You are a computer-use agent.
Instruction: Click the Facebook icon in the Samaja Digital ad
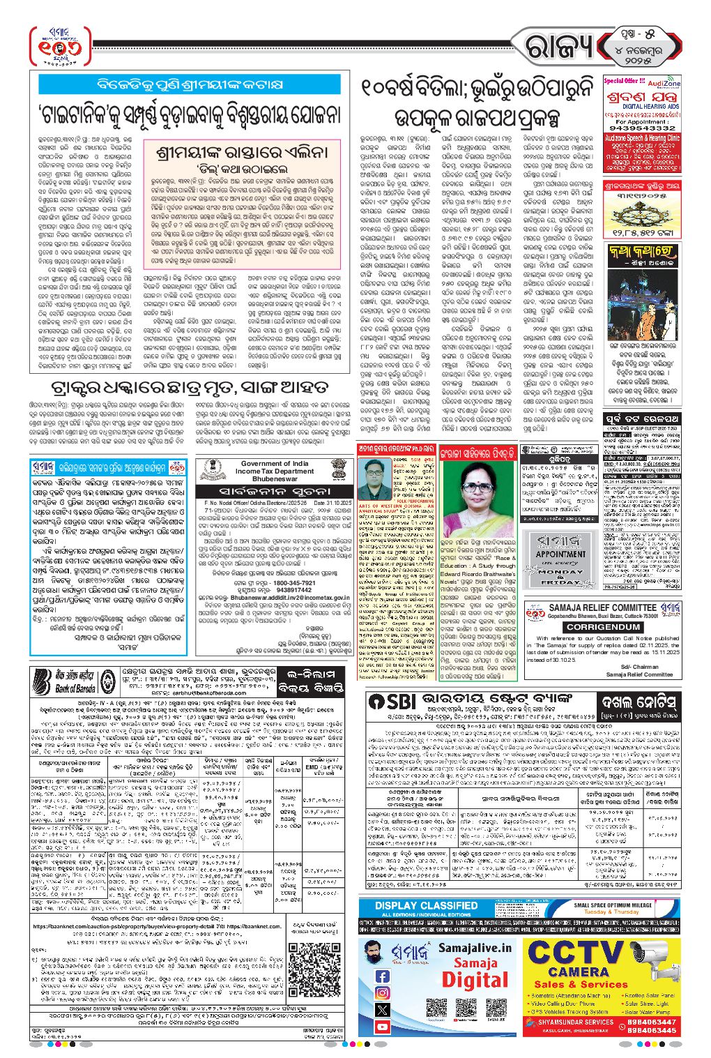click(382, 976)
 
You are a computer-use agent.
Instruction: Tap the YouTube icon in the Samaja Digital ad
click(382, 1026)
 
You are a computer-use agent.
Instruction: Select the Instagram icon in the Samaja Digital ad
click(382, 993)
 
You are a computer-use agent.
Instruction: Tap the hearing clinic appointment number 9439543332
click(642, 128)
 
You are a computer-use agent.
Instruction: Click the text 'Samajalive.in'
click(474, 948)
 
